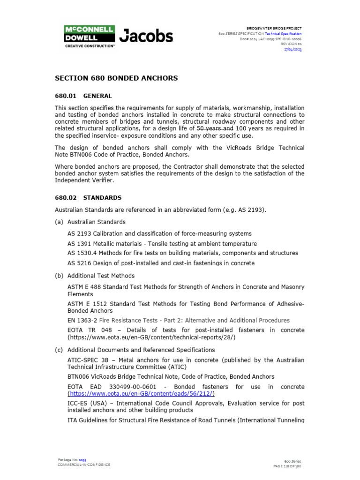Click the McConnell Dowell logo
coord(89,37)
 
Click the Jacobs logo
coord(146,36)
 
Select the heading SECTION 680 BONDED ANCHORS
coord(116,78)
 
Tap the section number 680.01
coord(66,96)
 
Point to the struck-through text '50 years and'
coord(215,128)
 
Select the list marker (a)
coord(60,222)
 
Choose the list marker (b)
coord(60,276)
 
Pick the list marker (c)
coord(60,350)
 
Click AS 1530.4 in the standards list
coord(80,253)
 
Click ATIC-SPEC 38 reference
coord(88,360)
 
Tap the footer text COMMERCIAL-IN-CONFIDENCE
coord(84,465)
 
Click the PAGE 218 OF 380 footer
coord(287,466)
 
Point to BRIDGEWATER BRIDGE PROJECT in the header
coord(274,29)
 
